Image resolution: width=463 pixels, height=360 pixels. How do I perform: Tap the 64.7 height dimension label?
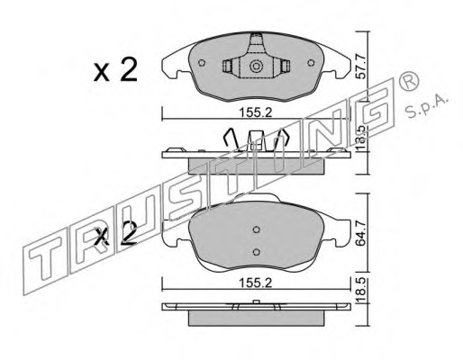tap(360, 233)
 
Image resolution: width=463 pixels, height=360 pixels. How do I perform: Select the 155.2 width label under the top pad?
tap(256, 113)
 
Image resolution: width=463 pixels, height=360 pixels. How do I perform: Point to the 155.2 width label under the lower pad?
tap(256, 283)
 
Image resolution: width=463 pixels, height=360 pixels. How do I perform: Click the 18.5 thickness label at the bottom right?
tap(360, 290)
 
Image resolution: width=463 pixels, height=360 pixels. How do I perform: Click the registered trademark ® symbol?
tap(408, 82)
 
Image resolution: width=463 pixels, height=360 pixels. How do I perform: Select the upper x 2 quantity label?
tap(115, 70)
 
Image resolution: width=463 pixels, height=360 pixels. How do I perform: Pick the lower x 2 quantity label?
tap(115, 234)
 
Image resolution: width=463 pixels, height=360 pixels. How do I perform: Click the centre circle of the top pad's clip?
tap(257, 66)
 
